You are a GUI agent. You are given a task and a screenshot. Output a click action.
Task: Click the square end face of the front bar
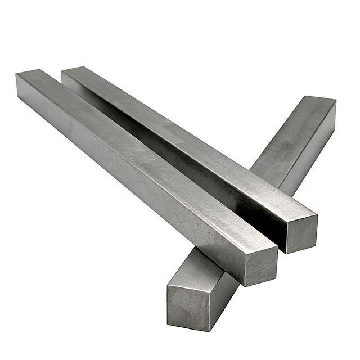[261, 260]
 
